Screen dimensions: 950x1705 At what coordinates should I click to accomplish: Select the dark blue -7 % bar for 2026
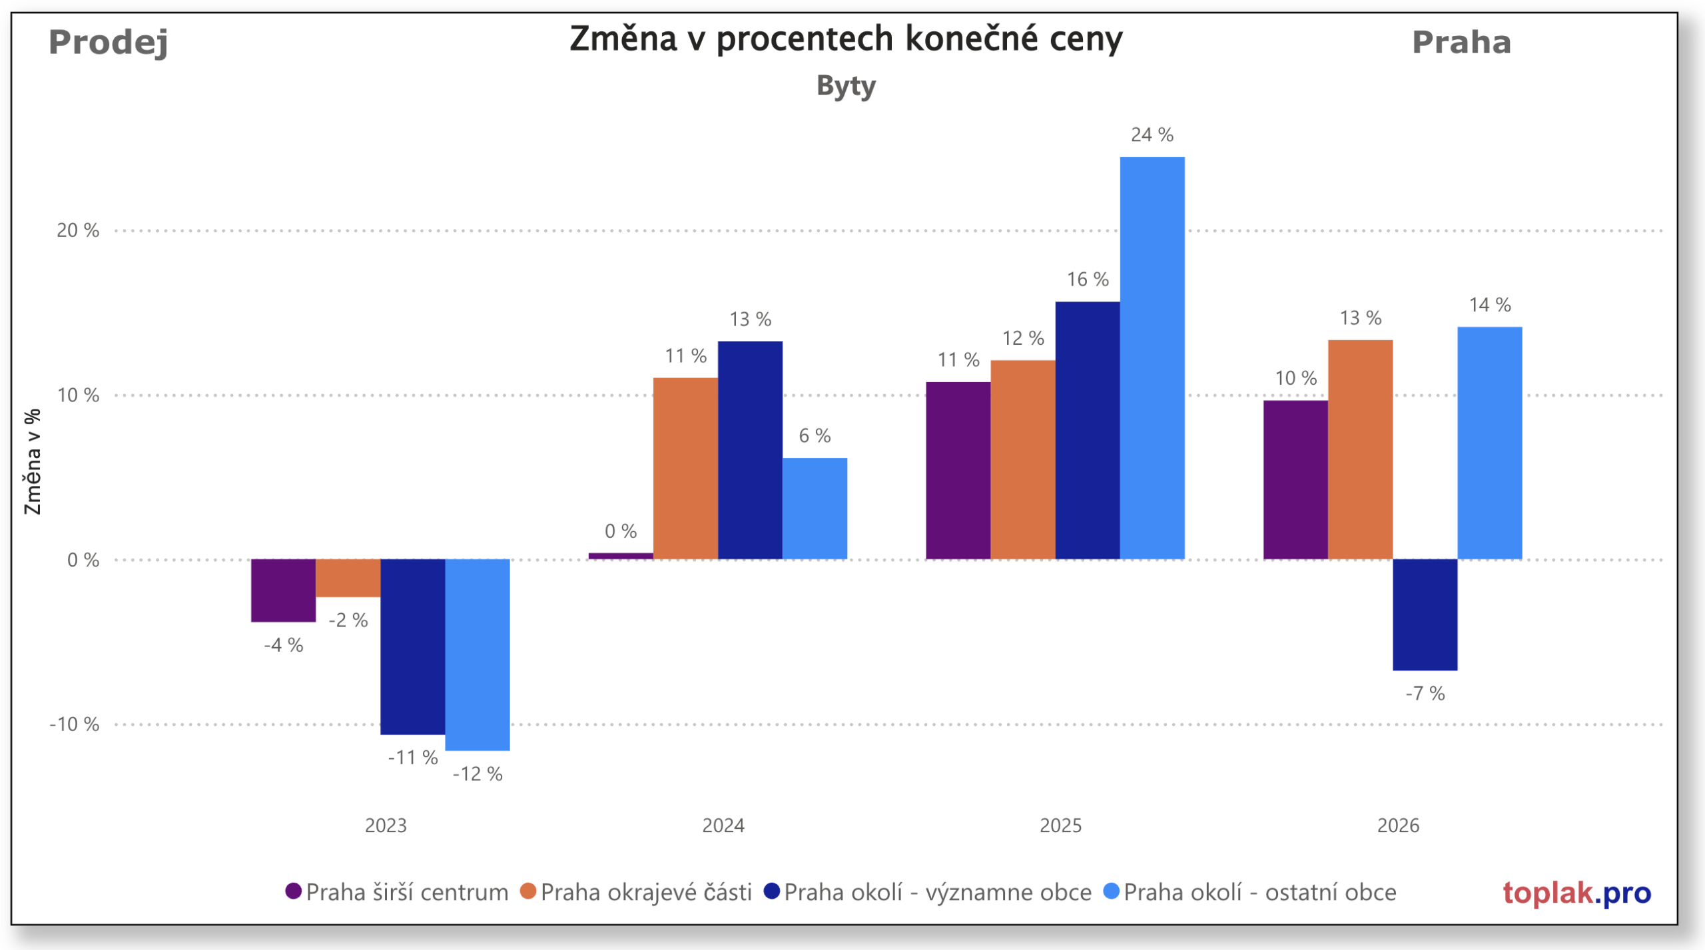(1425, 614)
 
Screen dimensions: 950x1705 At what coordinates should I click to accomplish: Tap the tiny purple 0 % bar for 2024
(620, 556)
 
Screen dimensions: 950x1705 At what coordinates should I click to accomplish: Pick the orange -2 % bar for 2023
(348, 578)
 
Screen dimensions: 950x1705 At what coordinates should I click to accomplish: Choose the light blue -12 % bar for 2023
(477, 654)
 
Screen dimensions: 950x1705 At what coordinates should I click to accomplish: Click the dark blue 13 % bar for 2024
(750, 450)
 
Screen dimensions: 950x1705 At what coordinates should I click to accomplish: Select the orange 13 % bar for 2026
(1360, 449)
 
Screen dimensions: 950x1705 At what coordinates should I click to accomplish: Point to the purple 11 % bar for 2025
(958, 470)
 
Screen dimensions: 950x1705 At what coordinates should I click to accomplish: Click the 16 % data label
(1087, 280)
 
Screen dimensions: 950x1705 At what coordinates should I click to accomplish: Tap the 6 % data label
(815, 436)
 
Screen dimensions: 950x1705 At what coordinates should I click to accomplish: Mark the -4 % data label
(283, 645)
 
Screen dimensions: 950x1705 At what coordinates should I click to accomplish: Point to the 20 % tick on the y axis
(78, 230)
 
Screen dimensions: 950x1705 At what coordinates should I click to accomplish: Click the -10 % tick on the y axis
(74, 724)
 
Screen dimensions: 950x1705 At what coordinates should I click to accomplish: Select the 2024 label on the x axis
(723, 826)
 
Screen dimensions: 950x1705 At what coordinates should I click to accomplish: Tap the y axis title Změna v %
(32, 461)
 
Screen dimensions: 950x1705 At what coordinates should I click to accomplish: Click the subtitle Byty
(846, 86)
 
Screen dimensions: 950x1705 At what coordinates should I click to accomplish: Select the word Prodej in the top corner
(108, 43)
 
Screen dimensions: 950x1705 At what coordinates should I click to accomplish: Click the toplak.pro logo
(1576, 893)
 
